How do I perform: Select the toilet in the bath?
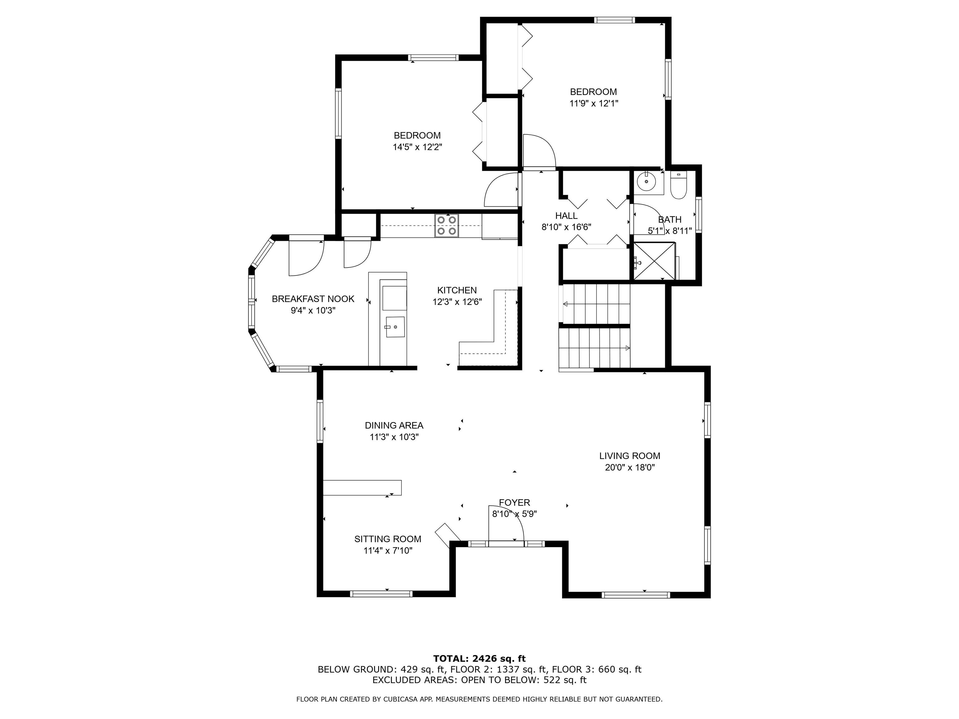pyautogui.click(x=678, y=185)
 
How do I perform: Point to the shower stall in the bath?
pyautogui.click(x=655, y=261)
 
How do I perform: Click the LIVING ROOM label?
pyautogui.click(x=630, y=456)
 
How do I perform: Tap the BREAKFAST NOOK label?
pyautogui.click(x=313, y=299)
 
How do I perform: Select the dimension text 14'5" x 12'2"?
pyautogui.click(x=417, y=147)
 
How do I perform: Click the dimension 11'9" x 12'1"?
pyautogui.click(x=593, y=103)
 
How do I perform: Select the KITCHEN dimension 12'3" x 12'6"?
pyautogui.click(x=457, y=302)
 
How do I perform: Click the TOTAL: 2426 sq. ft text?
pyautogui.click(x=479, y=659)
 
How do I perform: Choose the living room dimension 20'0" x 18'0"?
pyautogui.click(x=630, y=467)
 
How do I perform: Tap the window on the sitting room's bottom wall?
pyautogui.click(x=381, y=594)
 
